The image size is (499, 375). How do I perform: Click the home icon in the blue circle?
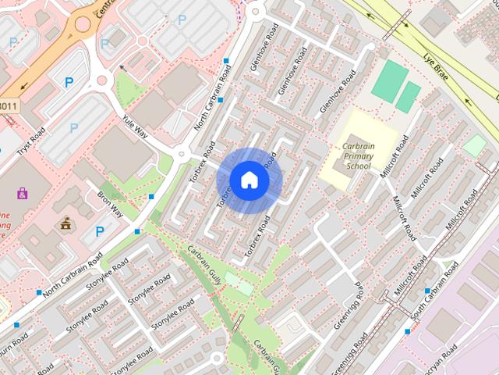click(249, 180)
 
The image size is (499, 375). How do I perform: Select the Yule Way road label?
click(135, 127)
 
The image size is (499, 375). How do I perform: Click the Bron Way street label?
click(110, 201)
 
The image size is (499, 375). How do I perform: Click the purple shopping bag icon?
click(22, 192)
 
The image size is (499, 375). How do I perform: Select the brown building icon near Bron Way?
click(66, 223)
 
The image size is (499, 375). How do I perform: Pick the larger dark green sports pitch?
click(389, 82)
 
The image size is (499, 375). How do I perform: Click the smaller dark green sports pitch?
click(408, 96)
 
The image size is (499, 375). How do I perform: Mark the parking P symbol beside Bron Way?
click(99, 230)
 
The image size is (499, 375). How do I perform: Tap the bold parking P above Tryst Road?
click(69, 81)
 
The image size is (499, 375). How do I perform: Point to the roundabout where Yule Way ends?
click(182, 153)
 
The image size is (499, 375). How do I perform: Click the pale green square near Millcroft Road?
click(473, 145)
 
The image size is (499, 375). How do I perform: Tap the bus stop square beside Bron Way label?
click(151, 196)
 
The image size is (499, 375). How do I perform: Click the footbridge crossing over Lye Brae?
click(398, 27)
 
